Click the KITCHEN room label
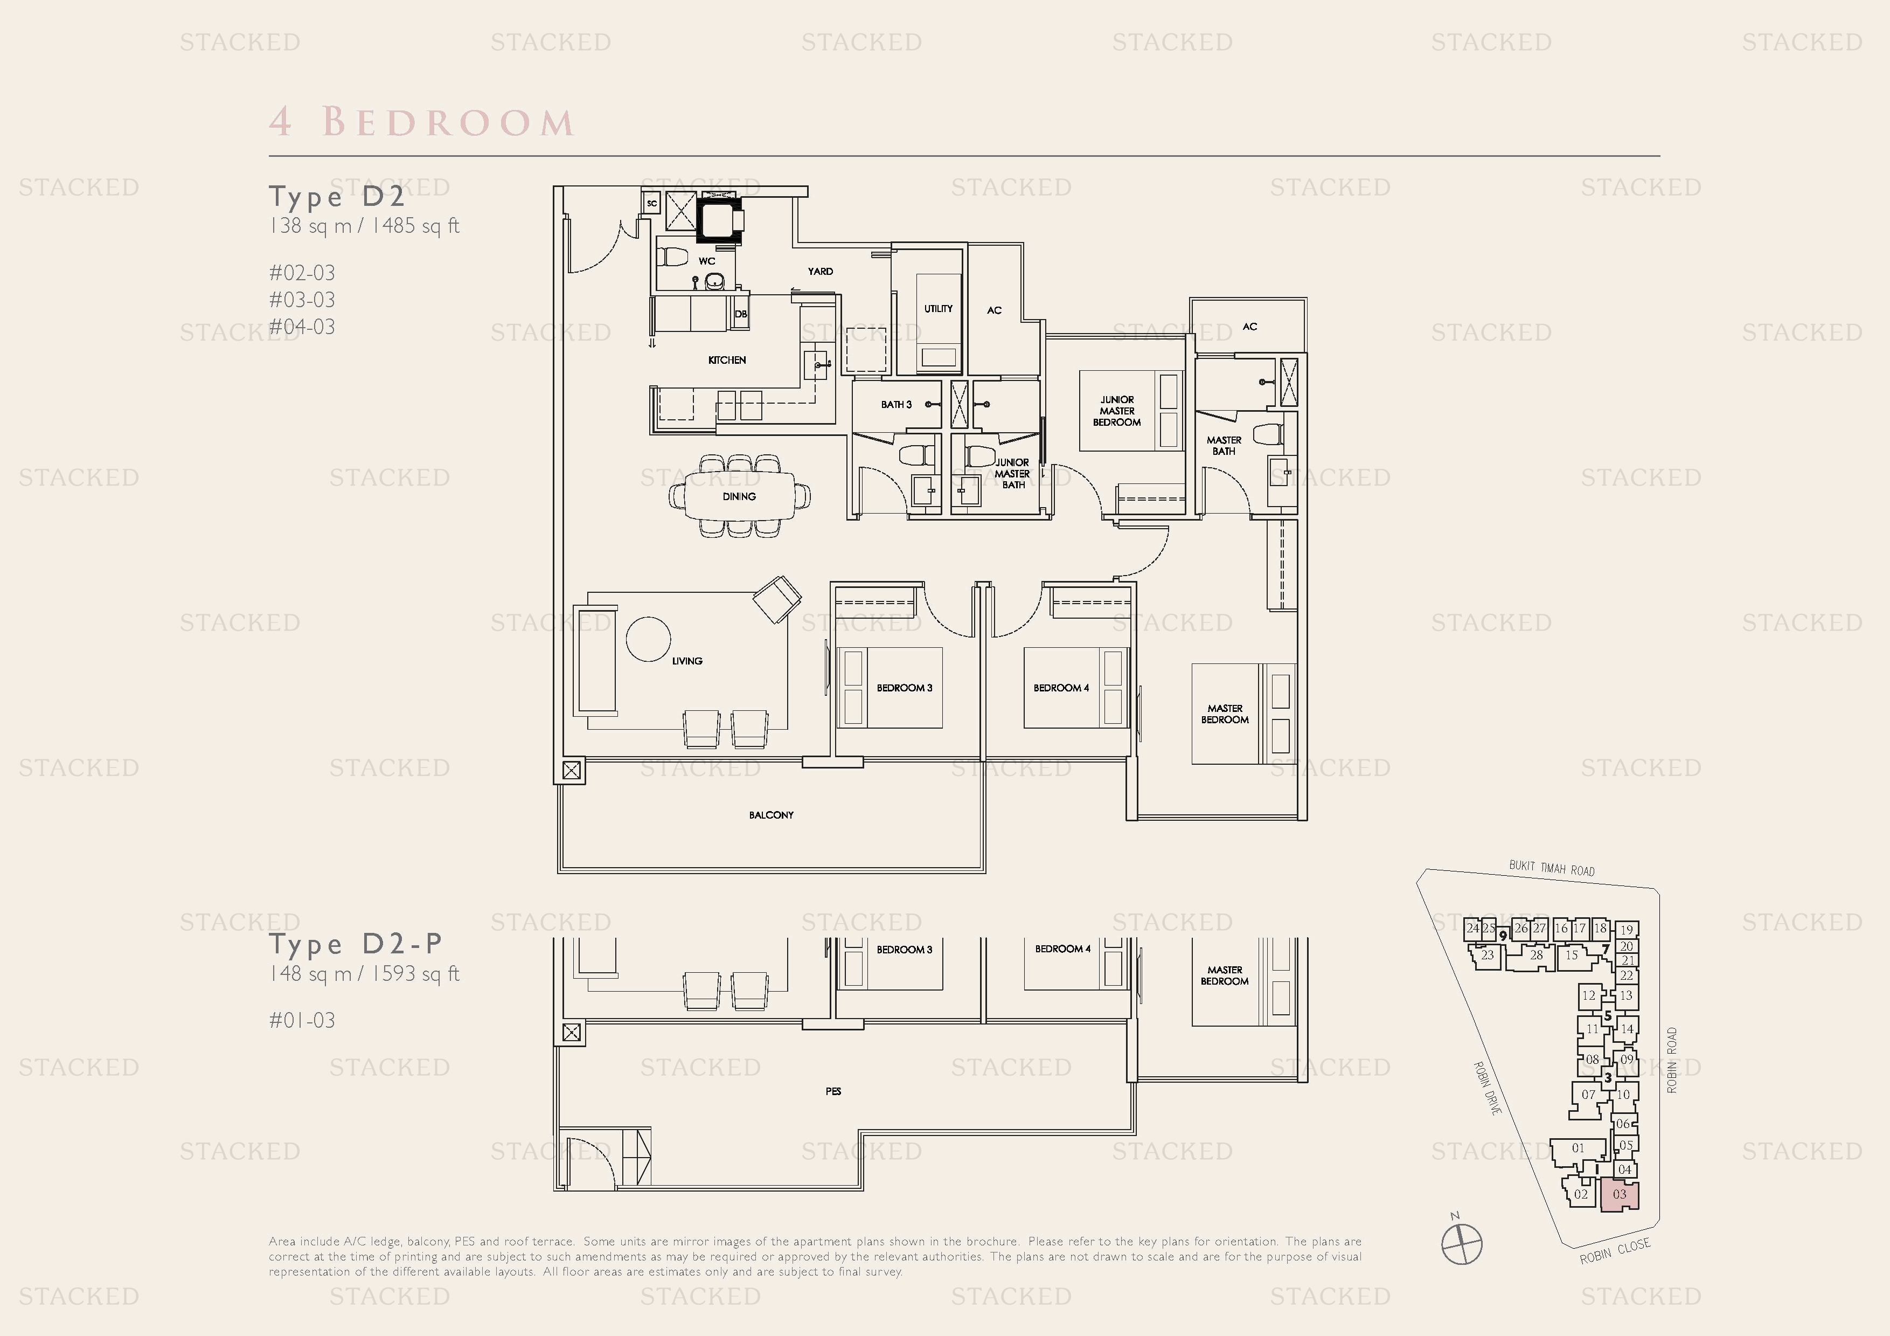(727, 359)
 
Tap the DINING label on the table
(739, 496)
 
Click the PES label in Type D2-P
(833, 1091)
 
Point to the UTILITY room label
(937, 309)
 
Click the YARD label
(820, 271)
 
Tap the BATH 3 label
(895, 404)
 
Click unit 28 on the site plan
(1536, 956)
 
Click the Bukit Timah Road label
(1552, 868)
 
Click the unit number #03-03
(302, 300)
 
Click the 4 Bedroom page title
(421, 122)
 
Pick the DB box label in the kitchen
(740, 314)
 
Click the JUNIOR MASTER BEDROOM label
(1116, 411)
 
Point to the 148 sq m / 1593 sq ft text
(364, 974)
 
